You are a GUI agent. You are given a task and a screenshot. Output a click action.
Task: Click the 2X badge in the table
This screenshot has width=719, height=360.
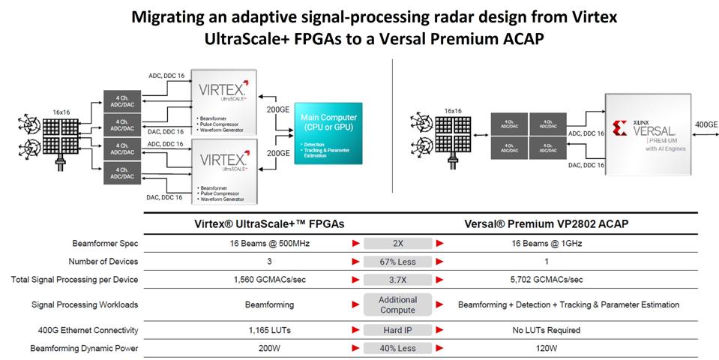pyautogui.click(x=397, y=244)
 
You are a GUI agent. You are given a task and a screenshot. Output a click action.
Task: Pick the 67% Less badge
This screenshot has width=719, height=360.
pyautogui.click(x=397, y=261)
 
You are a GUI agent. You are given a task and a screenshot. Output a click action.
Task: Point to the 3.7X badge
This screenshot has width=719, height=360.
pyautogui.click(x=397, y=279)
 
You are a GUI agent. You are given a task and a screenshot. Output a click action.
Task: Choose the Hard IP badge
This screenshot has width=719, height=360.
pyautogui.click(x=397, y=330)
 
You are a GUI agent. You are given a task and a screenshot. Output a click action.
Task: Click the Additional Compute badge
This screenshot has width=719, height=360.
pyautogui.click(x=397, y=304)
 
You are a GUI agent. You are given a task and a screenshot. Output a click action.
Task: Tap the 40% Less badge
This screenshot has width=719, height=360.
pyautogui.click(x=397, y=348)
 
